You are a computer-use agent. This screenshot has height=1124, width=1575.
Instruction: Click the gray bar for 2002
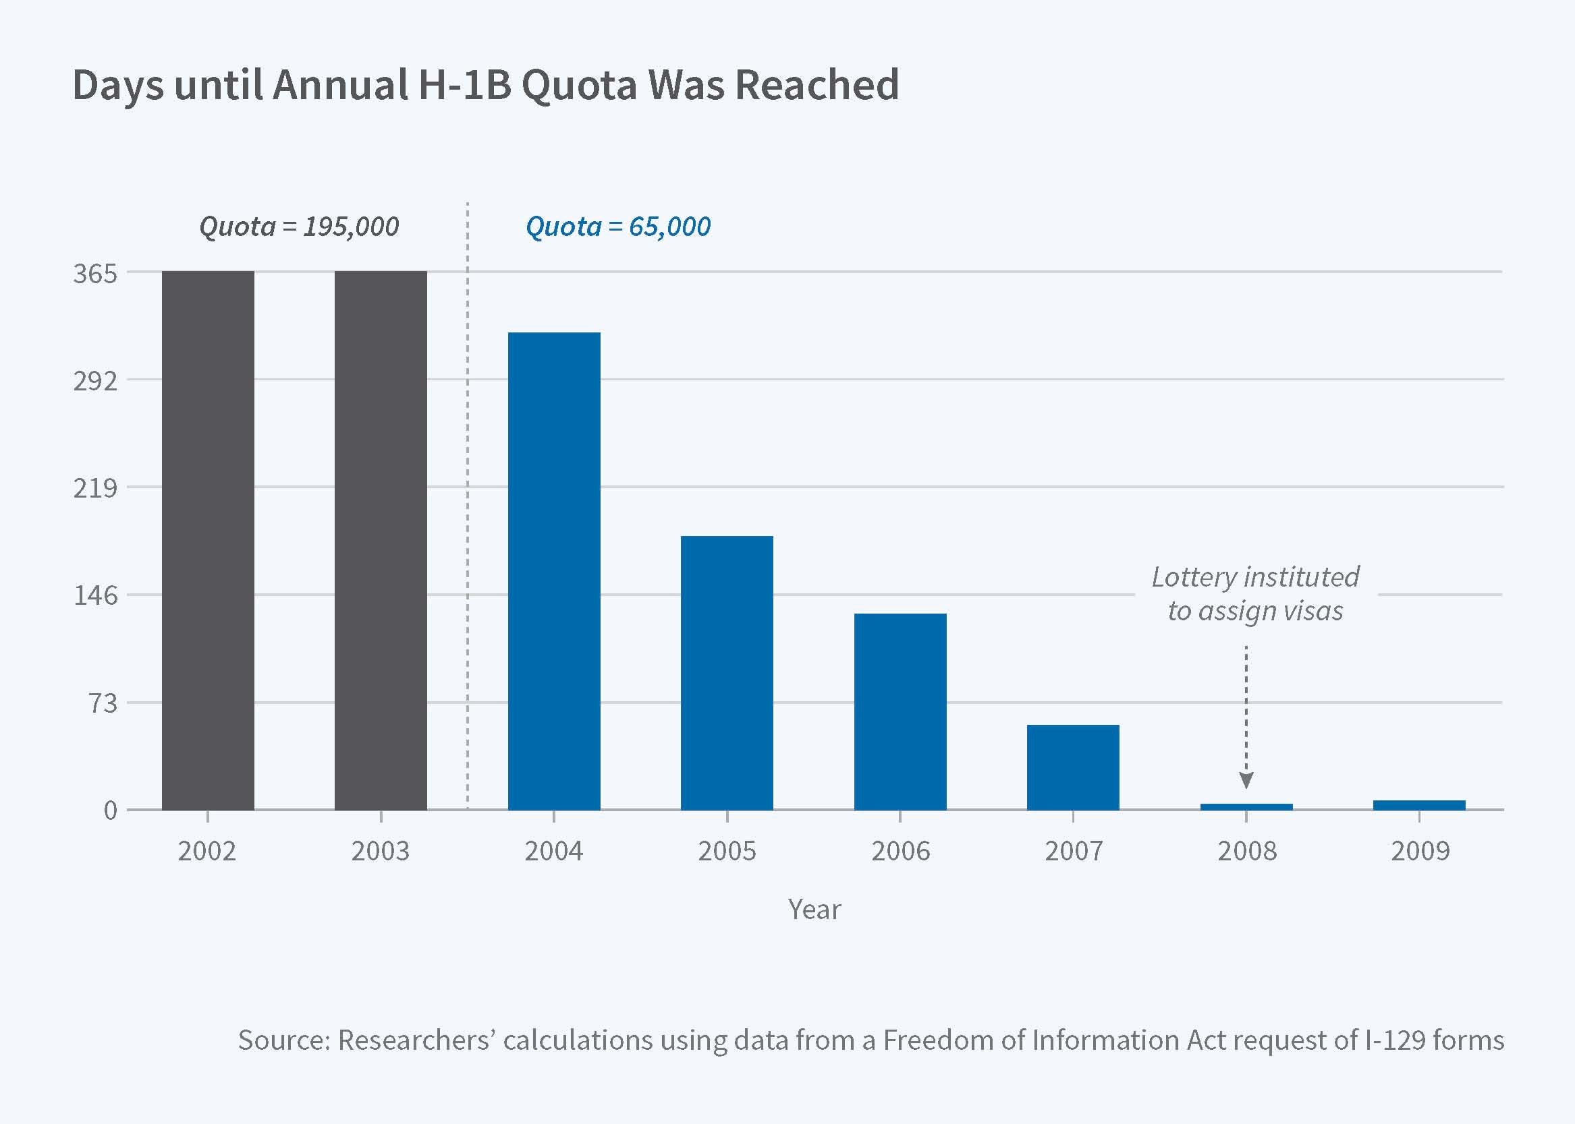(x=208, y=540)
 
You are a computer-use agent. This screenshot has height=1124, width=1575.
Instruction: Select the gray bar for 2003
(x=381, y=540)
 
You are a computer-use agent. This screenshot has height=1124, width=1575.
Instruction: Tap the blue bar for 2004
(x=554, y=571)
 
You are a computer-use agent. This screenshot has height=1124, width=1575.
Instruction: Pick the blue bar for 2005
(x=727, y=673)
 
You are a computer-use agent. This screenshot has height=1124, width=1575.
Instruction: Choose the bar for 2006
(x=900, y=711)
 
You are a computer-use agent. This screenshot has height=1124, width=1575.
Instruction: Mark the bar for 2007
(x=1073, y=767)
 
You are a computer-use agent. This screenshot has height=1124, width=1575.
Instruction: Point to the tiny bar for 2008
(x=1246, y=806)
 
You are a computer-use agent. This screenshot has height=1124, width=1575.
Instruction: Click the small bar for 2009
(x=1419, y=805)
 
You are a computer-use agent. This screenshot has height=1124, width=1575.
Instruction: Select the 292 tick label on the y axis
(x=96, y=381)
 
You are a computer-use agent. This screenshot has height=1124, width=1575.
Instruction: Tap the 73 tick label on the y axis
(x=101, y=703)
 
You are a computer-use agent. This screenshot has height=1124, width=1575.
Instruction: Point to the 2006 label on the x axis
(x=900, y=851)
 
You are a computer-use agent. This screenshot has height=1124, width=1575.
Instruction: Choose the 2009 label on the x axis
(x=1420, y=851)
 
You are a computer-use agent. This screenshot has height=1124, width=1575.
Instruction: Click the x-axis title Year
(x=814, y=910)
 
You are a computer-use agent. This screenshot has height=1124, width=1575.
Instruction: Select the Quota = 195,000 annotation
(x=298, y=227)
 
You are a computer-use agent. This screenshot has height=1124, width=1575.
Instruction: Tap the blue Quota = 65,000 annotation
(x=618, y=227)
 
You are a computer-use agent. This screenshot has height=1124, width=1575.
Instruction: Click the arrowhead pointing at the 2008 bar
(x=1246, y=781)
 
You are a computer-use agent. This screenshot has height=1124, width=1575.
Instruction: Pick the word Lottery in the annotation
(x=1194, y=576)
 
